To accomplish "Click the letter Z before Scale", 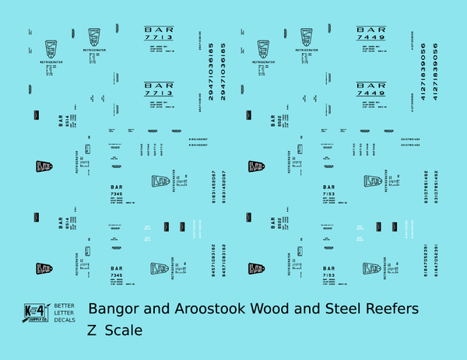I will click(x=93, y=330).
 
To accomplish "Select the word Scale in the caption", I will click(x=127, y=330).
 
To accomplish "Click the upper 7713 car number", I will click(x=159, y=37).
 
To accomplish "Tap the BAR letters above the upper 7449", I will click(x=370, y=30).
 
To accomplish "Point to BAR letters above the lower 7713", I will click(x=159, y=85).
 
